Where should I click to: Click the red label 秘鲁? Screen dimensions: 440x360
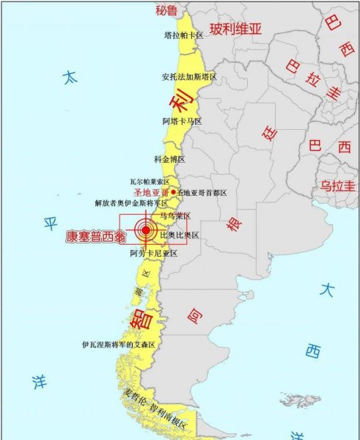click(167, 10)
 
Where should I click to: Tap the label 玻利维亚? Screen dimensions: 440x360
click(235, 29)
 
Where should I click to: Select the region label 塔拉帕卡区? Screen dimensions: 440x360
click(183, 34)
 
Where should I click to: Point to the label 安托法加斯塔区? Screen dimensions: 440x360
click(189, 76)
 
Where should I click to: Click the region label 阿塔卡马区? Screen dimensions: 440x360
click(182, 121)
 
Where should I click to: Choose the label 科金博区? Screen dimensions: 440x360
click(169, 158)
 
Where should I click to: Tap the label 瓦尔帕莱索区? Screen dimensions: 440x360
click(150, 181)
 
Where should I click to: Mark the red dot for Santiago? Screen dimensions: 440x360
click(173, 192)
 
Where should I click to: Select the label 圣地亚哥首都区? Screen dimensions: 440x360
click(202, 192)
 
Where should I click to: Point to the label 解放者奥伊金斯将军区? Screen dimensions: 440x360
click(131, 203)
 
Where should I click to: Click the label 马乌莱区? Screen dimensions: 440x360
click(176, 216)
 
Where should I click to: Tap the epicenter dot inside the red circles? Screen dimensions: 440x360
click(146, 230)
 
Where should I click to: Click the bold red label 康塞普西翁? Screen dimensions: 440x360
click(95, 237)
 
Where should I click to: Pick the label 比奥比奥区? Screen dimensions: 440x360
click(180, 235)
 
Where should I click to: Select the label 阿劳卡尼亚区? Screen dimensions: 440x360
click(154, 253)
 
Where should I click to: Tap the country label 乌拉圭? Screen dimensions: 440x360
click(337, 186)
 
